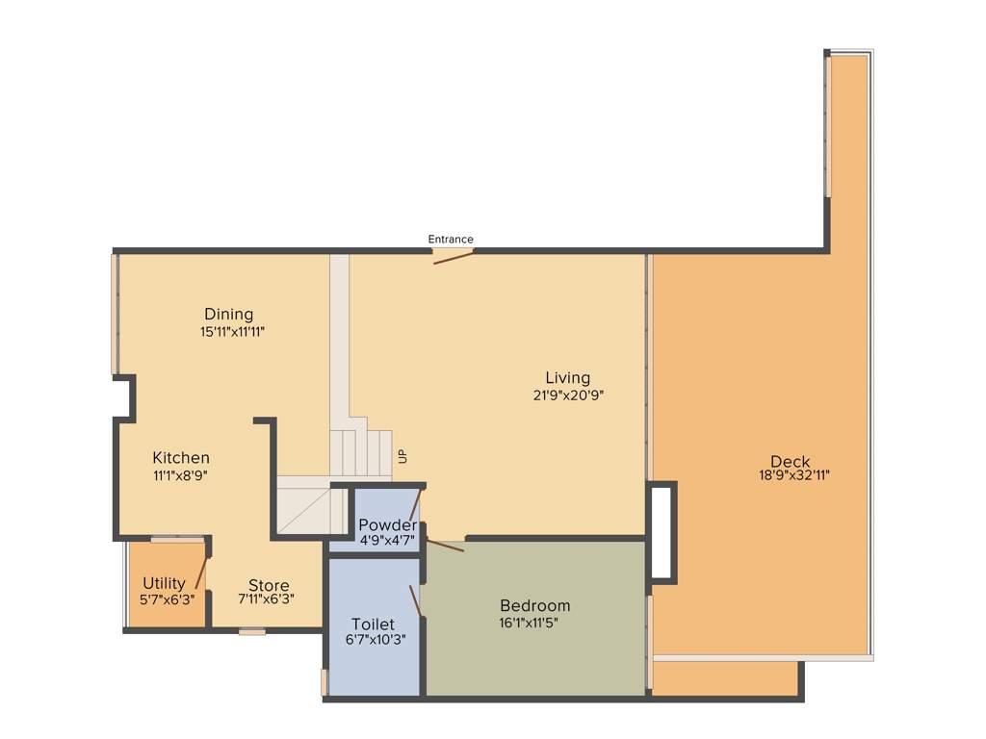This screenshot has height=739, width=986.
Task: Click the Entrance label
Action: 451,240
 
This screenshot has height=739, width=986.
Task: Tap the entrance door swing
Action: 453,257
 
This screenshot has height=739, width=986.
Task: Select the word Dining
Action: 228,315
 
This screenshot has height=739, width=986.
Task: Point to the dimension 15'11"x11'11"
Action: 232,332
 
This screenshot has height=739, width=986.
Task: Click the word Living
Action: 567,378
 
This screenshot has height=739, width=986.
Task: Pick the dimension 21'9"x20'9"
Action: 568,395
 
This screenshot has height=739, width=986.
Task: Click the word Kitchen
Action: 181,458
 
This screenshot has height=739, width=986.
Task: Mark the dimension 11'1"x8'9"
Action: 180,475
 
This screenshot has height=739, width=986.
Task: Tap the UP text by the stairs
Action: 402,456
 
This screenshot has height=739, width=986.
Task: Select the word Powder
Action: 387,525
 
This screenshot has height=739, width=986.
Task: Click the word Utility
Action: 164,583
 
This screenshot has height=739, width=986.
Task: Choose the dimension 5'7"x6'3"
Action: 167,599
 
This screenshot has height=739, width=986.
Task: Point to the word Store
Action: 269,586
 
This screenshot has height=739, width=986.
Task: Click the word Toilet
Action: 373,624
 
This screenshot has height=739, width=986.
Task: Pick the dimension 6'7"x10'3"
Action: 374,640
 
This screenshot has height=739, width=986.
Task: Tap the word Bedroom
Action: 534,606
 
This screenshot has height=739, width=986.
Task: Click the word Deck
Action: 790,461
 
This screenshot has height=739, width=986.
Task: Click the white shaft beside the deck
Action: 662,533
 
